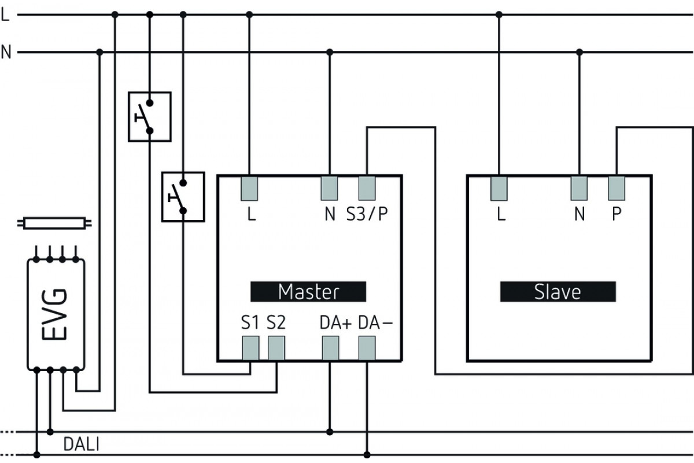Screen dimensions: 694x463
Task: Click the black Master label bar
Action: (308, 292)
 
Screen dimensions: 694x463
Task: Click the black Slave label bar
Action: (558, 292)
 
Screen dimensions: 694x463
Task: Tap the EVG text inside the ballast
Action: (54, 314)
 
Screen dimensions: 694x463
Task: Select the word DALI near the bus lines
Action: (81, 444)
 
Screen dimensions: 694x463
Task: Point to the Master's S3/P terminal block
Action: (367, 188)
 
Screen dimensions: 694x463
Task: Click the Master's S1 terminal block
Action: (250, 348)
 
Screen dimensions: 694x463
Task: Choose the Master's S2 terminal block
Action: (276, 348)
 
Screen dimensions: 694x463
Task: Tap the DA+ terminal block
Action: (331, 348)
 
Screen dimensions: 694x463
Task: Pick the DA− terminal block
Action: (367, 348)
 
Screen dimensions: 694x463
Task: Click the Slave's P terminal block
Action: (617, 188)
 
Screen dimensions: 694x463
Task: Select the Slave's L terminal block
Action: (499, 188)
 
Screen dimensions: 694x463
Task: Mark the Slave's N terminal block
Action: (579, 188)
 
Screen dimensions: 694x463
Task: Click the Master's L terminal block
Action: (249, 188)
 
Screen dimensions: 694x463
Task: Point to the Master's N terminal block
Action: (329, 188)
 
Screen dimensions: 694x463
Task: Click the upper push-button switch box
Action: (150, 116)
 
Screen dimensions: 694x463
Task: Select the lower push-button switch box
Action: (183, 197)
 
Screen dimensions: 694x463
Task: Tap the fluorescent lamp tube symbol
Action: (54, 223)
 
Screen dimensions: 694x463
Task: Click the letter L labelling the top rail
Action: (5, 14)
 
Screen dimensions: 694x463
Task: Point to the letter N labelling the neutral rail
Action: (6, 52)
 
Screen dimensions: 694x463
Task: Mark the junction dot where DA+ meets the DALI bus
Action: (330, 432)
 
